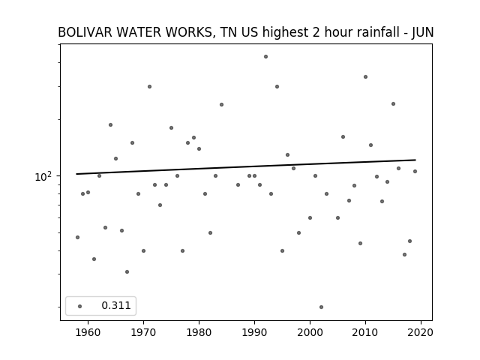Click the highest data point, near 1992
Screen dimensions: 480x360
(x=265, y=57)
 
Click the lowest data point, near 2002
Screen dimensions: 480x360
(x=321, y=307)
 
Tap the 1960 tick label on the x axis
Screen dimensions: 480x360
(x=88, y=332)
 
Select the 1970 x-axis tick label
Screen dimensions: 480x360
(x=143, y=332)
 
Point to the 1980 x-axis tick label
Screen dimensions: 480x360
(x=199, y=332)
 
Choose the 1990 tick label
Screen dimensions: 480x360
(x=254, y=332)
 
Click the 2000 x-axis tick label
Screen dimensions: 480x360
(x=310, y=332)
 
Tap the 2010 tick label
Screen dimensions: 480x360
(x=365, y=332)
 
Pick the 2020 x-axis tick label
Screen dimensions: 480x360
(x=421, y=332)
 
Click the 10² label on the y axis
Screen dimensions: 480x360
(x=43, y=177)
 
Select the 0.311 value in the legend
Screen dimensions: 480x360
(x=116, y=305)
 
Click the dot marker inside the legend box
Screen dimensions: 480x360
(x=80, y=306)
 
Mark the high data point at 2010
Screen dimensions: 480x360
(x=365, y=76)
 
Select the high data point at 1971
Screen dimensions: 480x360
(x=149, y=87)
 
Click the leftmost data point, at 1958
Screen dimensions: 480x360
(x=77, y=237)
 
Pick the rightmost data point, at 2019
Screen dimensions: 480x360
(x=415, y=172)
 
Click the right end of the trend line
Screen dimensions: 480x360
(x=415, y=160)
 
